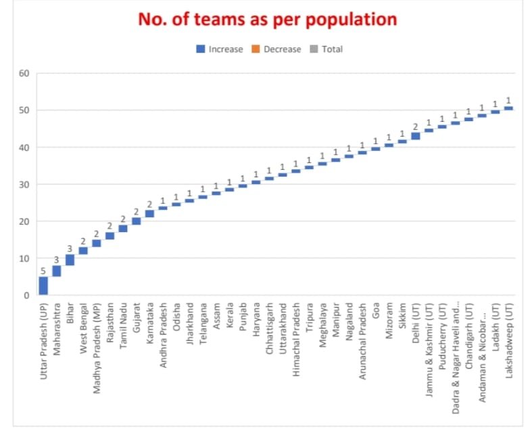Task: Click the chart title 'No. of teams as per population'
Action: pos(267,19)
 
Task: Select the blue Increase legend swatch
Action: pos(201,49)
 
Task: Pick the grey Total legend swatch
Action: pos(314,49)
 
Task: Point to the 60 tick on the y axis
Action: pos(24,73)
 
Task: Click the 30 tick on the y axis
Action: pos(24,185)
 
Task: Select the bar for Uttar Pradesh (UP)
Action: pos(43,286)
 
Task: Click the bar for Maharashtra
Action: pos(57,271)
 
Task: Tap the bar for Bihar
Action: pos(70,260)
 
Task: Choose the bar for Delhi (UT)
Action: pos(416,136)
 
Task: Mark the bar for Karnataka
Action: pos(149,214)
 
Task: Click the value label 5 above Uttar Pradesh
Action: pos(43,272)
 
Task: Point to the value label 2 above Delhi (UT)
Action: pos(416,127)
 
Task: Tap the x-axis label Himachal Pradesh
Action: pos(296,338)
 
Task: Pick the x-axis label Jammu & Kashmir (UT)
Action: pos(429,349)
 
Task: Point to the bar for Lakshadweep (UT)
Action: pos(508,108)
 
